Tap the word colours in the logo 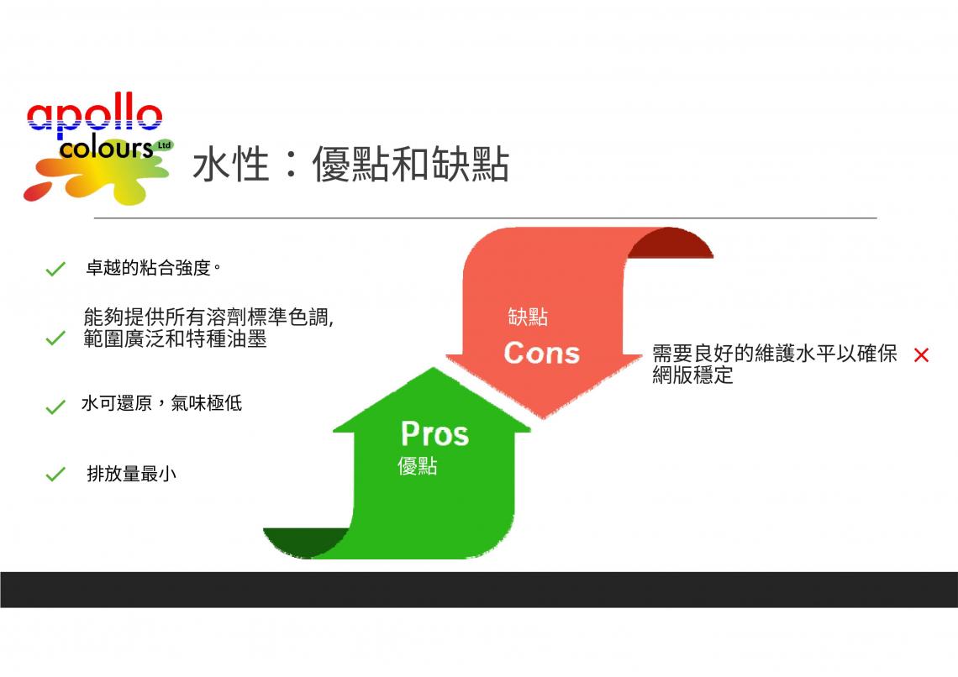coord(106,149)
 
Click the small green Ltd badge coord(165,145)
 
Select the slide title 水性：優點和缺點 coord(350,165)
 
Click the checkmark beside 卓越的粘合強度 coord(55,269)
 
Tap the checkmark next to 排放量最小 coord(55,475)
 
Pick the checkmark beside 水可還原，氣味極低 coord(55,407)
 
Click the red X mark coord(921,355)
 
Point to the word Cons coord(541,354)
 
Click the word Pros coord(435,434)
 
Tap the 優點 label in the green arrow coord(418,466)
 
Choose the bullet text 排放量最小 coord(131,474)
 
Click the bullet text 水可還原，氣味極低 coord(162,403)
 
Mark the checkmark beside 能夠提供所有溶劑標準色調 coord(55,338)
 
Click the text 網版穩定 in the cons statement coord(692,375)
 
